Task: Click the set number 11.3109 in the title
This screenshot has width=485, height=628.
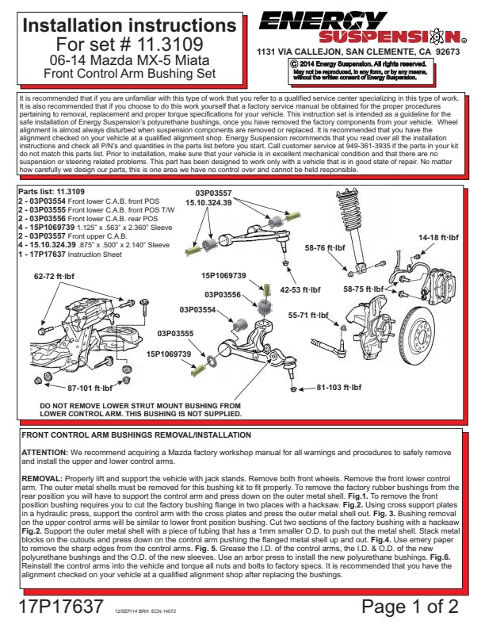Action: (171, 44)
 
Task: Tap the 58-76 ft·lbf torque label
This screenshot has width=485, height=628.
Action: (326, 247)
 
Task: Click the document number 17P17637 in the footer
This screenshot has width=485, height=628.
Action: (59, 607)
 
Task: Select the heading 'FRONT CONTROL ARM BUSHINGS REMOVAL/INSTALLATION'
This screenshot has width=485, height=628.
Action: (136, 435)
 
